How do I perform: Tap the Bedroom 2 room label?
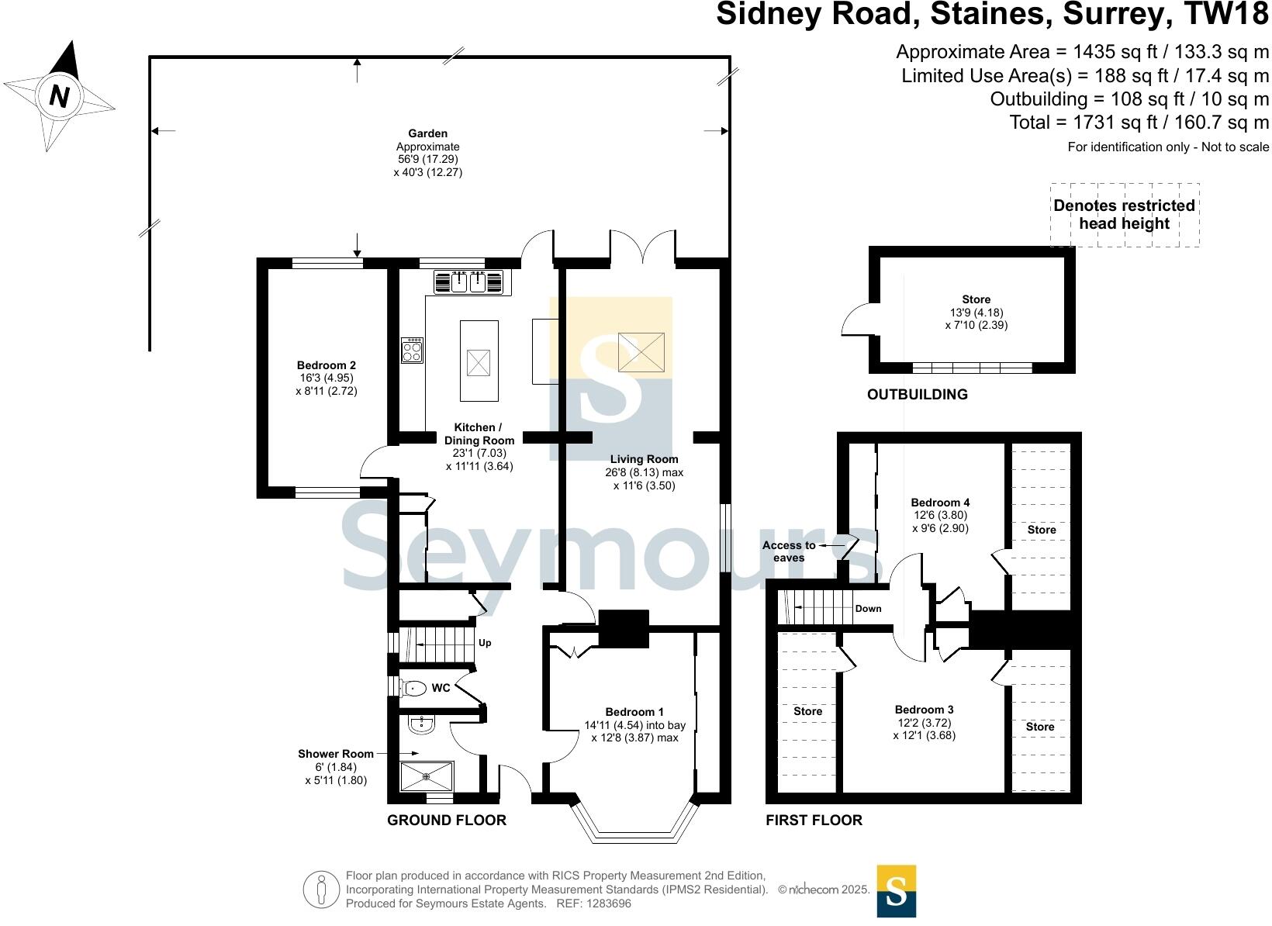[x=326, y=365]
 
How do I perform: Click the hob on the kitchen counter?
[x=412, y=351]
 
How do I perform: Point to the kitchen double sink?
[x=468, y=282]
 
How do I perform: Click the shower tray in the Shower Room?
[x=426, y=776]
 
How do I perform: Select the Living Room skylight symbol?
[x=641, y=351]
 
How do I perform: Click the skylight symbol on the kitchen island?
[x=479, y=361]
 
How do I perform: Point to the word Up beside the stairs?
[x=485, y=643]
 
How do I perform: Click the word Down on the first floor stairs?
[x=868, y=608]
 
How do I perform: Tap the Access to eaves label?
[x=788, y=551]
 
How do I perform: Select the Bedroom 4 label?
[x=940, y=503]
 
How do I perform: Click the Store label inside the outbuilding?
[x=976, y=299]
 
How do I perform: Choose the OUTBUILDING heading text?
[x=917, y=394]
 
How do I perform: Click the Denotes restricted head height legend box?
[x=1124, y=215]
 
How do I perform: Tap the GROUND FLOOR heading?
[x=446, y=820]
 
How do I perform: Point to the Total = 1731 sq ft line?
[x=1139, y=122]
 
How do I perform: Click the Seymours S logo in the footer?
[x=896, y=890]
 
